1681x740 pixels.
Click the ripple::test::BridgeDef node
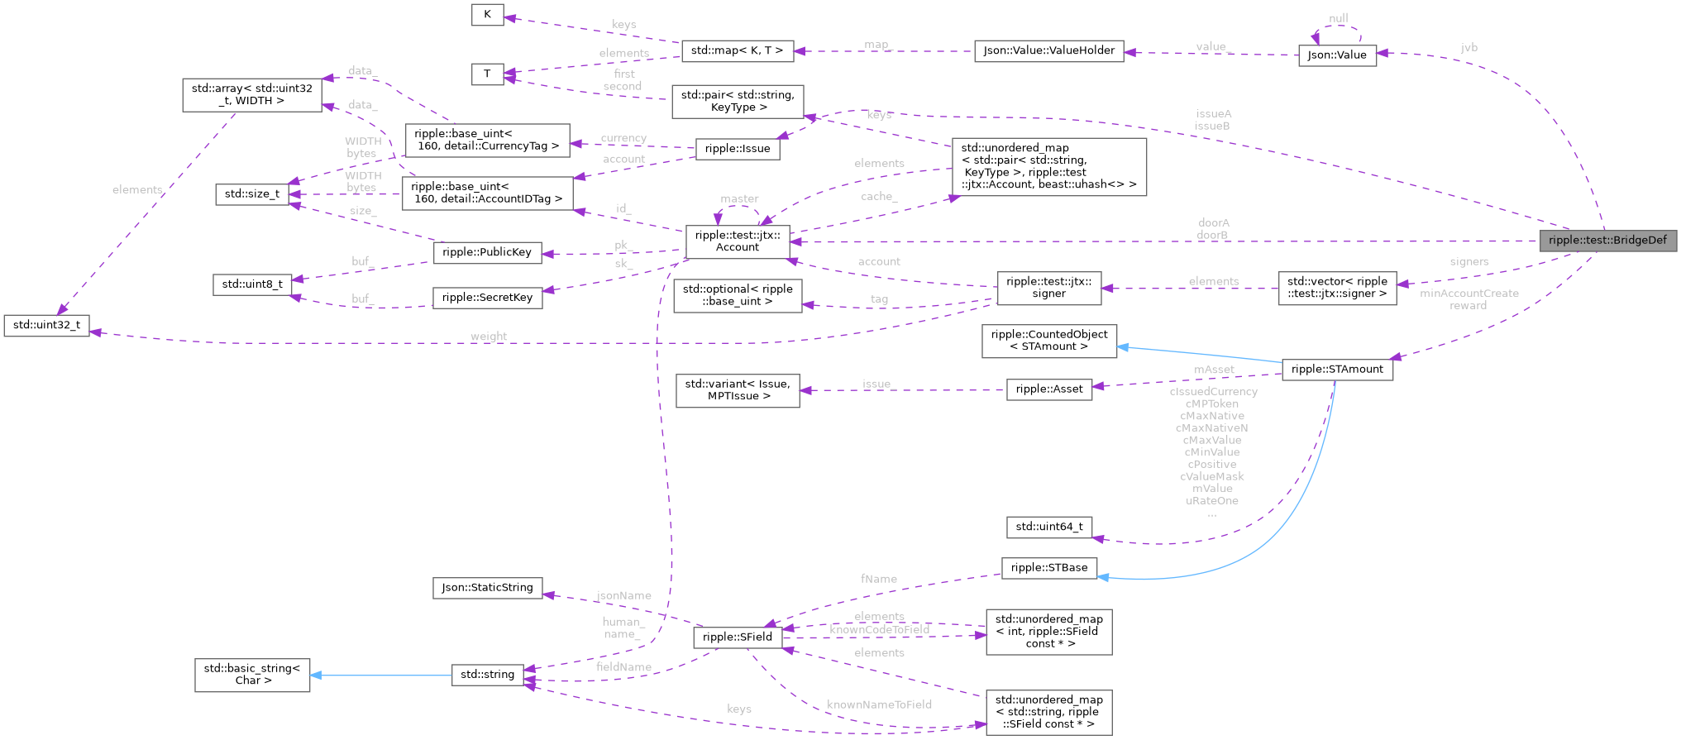click(1607, 241)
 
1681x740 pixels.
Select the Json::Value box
click(1337, 55)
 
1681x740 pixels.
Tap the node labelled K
click(487, 15)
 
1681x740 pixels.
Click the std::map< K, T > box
click(737, 50)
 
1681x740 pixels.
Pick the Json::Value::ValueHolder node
click(1048, 50)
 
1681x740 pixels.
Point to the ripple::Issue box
click(738, 149)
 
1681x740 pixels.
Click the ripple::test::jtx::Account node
click(738, 241)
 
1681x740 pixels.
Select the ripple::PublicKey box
click(487, 252)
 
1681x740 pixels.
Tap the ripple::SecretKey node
click(487, 298)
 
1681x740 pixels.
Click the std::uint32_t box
click(47, 325)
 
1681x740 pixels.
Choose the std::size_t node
click(252, 194)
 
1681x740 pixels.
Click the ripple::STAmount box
click(1337, 370)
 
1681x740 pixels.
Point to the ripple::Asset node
click(1048, 389)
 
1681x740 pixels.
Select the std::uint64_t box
click(1048, 527)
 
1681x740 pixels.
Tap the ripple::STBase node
click(1048, 568)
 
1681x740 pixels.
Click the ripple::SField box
click(738, 637)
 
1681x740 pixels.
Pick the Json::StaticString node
click(487, 588)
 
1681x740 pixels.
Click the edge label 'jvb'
click(1469, 48)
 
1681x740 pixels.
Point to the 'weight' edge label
click(489, 337)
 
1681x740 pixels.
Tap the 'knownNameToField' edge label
click(879, 705)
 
